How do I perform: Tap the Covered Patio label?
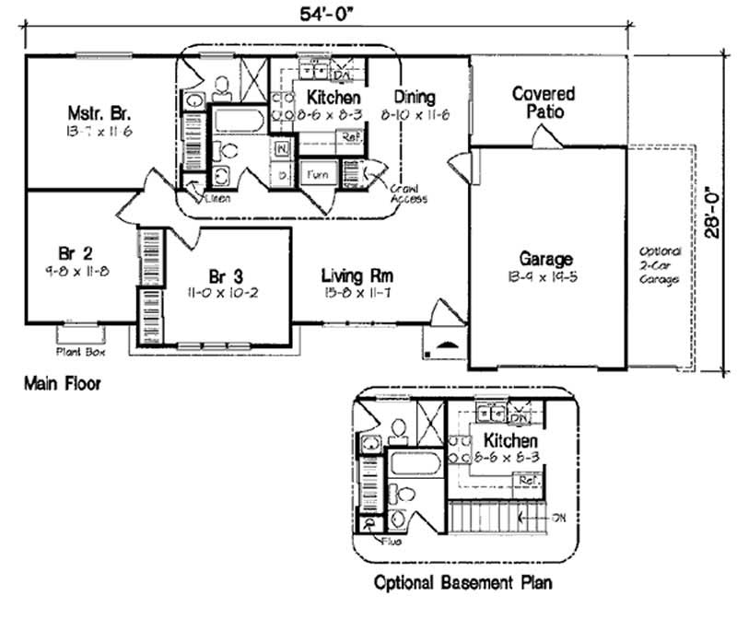544,102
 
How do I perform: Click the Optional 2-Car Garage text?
660,265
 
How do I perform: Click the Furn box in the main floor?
318,173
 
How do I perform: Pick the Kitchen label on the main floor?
333,97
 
